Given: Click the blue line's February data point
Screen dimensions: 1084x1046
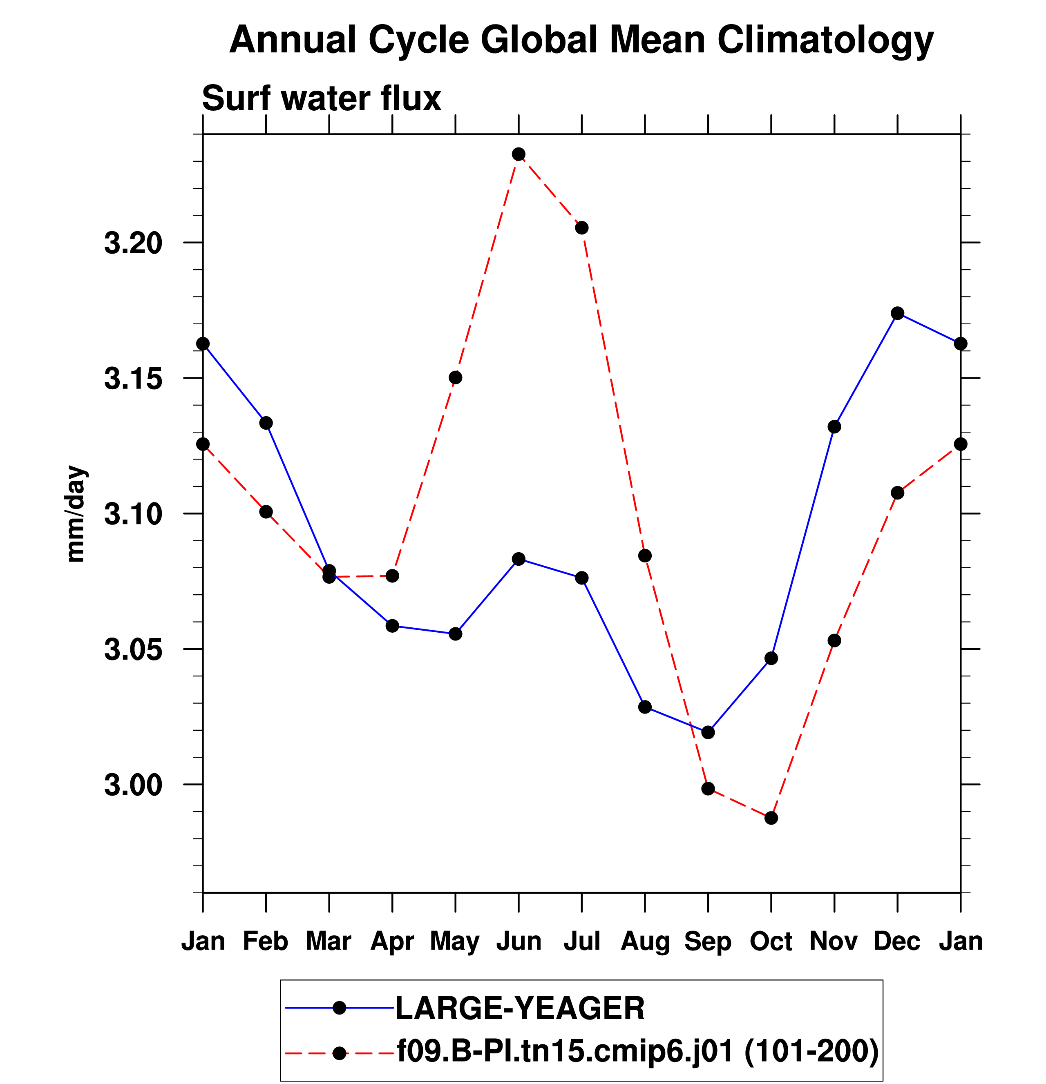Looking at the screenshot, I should pos(266,423).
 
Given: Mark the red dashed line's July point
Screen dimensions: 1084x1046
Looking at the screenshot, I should pos(581,228).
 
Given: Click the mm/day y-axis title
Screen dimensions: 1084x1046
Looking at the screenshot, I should pos(76,514).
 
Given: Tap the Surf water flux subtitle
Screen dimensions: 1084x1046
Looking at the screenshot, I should pos(322,98).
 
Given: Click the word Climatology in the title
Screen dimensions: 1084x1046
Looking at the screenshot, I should pos(825,40).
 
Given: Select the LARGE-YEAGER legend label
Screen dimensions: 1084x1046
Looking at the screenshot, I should pos(520,1008).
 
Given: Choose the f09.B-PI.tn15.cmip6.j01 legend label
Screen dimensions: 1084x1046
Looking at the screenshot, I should pos(564,1051).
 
